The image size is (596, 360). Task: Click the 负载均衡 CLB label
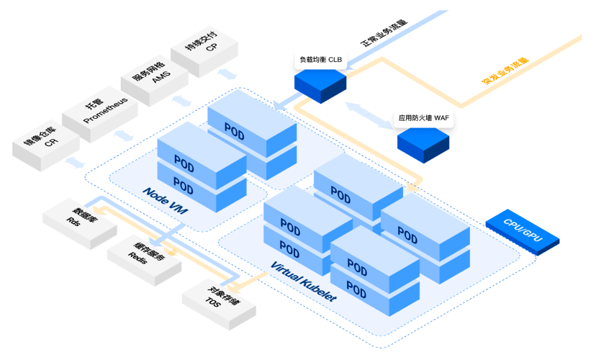point(321,60)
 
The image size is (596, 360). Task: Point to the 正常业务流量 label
point(384,32)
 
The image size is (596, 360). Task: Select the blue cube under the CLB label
point(320,85)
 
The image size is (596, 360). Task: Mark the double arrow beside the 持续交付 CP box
point(229,74)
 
